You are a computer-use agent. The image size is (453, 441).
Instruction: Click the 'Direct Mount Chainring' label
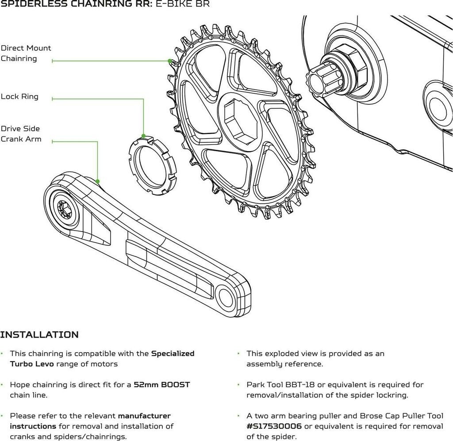coord(26,53)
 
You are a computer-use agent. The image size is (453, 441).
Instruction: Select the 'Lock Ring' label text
coord(19,96)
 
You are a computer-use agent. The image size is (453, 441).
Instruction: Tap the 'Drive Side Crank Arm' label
coord(21,134)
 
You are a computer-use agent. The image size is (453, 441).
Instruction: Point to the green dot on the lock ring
coord(143,136)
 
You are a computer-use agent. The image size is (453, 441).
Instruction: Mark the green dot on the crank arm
coord(97,181)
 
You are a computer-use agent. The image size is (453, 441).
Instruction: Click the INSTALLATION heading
coord(39,335)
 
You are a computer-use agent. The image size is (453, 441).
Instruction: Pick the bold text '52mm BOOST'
coord(162,384)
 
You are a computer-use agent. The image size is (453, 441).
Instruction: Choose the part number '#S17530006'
coord(274,426)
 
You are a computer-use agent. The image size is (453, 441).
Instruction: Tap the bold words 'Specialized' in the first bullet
coord(173,354)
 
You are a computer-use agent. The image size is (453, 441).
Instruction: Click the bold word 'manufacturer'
coord(144,416)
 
